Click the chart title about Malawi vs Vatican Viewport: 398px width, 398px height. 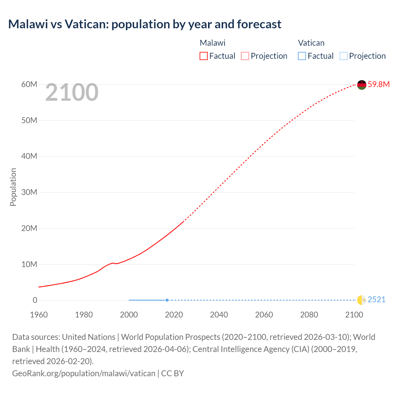pyautogui.click(x=145, y=24)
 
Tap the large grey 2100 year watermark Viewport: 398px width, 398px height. pyautogui.click(x=72, y=92)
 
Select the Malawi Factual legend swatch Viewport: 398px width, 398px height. pyautogui.click(x=203, y=56)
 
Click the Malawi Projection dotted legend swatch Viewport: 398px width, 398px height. pyautogui.click(x=245, y=56)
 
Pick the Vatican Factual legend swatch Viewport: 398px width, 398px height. pyautogui.click(x=302, y=56)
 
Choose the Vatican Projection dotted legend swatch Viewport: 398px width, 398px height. pyautogui.click(x=343, y=56)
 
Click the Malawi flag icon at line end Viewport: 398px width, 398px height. pyautogui.click(x=362, y=85)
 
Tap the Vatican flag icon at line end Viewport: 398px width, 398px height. pyautogui.click(x=362, y=300)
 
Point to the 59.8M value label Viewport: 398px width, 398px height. pyautogui.click(x=378, y=84)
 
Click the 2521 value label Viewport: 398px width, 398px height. pyautogui.click(x=376, y=299)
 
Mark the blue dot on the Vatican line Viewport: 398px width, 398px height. pyautogui.click(x=167, y=300)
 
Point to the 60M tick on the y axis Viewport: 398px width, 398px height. pyautogui.click(x=29, y=84)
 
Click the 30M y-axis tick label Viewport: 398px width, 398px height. pyautogui.click(x=29, y=192)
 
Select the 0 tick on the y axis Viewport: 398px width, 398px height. pyautogui.click(x=35, y=300)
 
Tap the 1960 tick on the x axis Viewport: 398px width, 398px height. pyautogui.click(x=39, y=315)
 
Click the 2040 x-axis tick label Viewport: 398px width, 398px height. pyautogui.click(x=219, y=315)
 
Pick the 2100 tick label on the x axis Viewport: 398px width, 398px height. pyautogui.click(x=354, y=315)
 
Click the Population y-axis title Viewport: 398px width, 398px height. pyautogui.click(x=13, y=187)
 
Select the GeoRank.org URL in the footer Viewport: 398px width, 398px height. pyautogui.click(x=84, y=373)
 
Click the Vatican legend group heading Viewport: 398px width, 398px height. pyautogui.click(x=311, y=43)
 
